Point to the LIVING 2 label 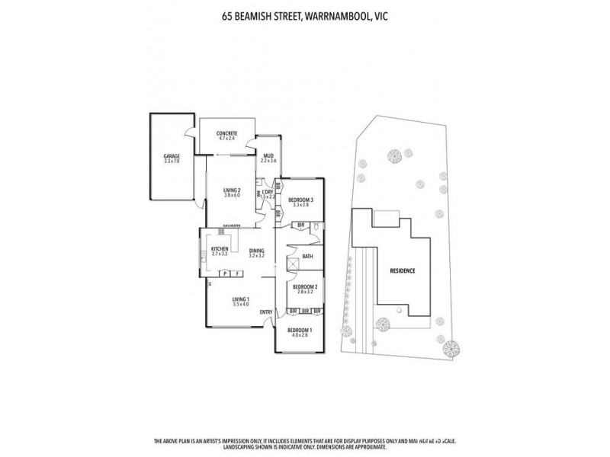232,192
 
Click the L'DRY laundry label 268,193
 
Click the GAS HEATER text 232,226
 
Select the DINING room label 256,253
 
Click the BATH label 308,257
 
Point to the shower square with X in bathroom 292,263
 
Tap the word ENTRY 266,313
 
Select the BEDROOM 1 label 298,331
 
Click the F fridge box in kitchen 238,273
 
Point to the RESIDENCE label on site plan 403,270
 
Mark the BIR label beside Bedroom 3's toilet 302,225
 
